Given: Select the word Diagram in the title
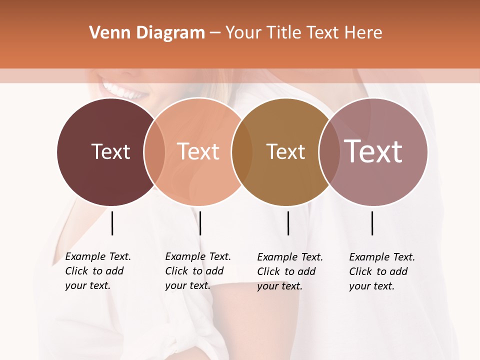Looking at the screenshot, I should [x=170, y=33].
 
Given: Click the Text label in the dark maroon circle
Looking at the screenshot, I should [x=110, y=151].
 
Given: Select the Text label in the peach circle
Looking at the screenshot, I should [x=198, y=151].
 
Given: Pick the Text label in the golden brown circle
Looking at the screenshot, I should [x=285, y=151].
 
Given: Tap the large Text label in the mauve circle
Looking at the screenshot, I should [x=373, y=151].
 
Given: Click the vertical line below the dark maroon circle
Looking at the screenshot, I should [x=112, y=223].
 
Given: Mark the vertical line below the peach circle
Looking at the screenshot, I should [x=200, y=223].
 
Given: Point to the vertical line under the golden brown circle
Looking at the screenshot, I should [x=288, y=223].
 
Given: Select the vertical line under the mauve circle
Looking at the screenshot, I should [x=372, y=223].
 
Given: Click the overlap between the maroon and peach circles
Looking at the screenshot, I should [x=154, y=151].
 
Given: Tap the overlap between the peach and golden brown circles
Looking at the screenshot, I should [x=242, y=151].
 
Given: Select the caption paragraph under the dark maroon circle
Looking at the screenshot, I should [x=97, y=271].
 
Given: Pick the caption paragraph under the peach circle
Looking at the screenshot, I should [x=197, y=271].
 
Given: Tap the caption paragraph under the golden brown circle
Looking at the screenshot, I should [x=289, y=271].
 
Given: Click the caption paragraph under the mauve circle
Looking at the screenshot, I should [x=381, y=271].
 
